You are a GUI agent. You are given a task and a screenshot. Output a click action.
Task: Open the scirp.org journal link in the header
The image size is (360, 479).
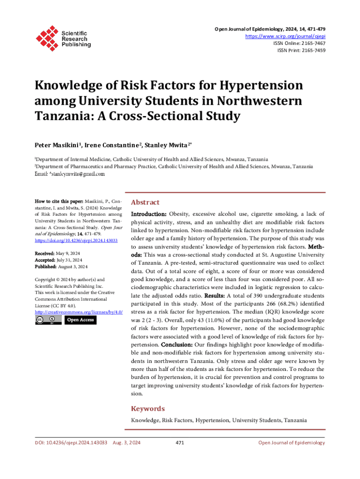pos(286,36)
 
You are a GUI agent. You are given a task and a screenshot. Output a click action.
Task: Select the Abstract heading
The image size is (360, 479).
pos(145,203)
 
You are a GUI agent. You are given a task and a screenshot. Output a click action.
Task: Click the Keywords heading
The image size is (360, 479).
pos(148,408)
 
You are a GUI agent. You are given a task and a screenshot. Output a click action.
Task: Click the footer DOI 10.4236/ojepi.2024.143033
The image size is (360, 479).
pos(72,443)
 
